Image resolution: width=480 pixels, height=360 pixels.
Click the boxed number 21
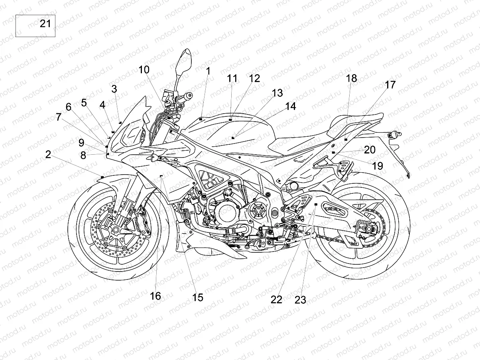(x=45, y=24)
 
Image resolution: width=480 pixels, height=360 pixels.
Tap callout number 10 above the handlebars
(x=144, y=70)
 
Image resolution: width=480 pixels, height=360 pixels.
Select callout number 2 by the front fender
(x=48, y=154)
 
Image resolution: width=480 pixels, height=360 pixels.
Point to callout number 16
(x=155, y=296)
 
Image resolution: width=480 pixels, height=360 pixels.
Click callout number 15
(x=198, y=297)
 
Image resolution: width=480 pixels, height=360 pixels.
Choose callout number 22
(x=276, y=299)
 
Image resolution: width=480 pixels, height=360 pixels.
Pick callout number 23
(x=300, y=299)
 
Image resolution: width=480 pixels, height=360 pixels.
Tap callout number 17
(x=390, y=85)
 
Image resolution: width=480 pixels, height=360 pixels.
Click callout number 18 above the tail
(x=352, y=78)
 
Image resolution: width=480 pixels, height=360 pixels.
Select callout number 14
(x=291, y=106)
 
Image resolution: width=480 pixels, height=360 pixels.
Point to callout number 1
(x=208, y=71)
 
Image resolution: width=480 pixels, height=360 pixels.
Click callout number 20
(x=370, y=150)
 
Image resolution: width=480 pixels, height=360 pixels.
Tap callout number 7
(x=59, y=117)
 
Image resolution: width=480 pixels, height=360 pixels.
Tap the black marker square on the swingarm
(x=316, y=204)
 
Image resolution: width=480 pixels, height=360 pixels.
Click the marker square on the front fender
(x=102, y=176)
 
